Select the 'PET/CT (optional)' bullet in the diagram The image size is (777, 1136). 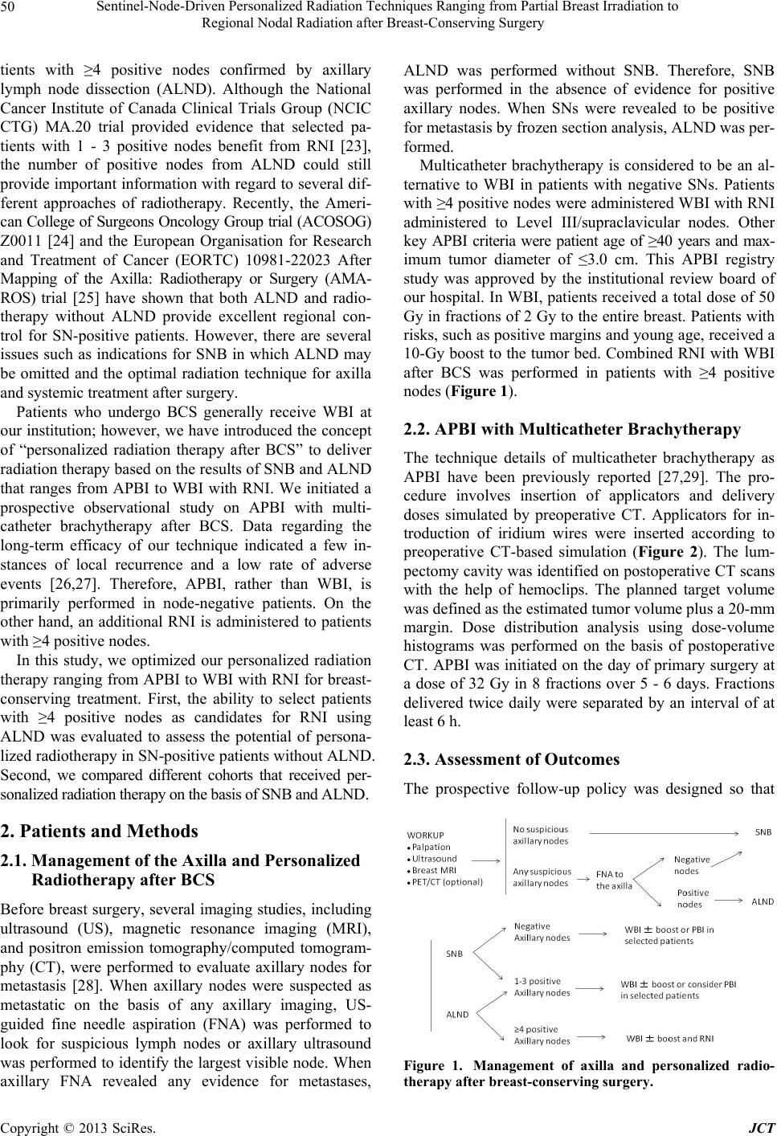pyautogui.click(x=448, y=881)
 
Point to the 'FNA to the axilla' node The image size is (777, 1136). pyautogui.click(x=615, y=881)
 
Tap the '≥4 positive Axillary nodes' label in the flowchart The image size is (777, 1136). pyautogui.click(x=542, y=1035)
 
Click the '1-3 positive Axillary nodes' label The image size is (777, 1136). pyautogui.click(x=542, y=987)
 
